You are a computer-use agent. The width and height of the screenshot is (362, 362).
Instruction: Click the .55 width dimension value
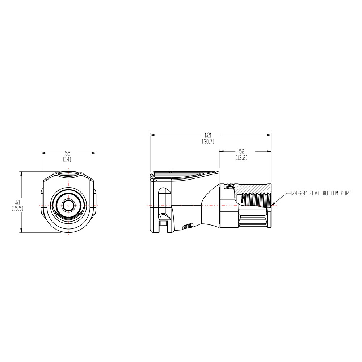click(x=67, y=153)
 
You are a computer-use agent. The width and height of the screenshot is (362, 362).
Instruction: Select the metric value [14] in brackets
click(x=67, y=159)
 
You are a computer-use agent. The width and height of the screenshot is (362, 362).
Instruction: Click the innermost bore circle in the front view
click(x=67, y=205)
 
